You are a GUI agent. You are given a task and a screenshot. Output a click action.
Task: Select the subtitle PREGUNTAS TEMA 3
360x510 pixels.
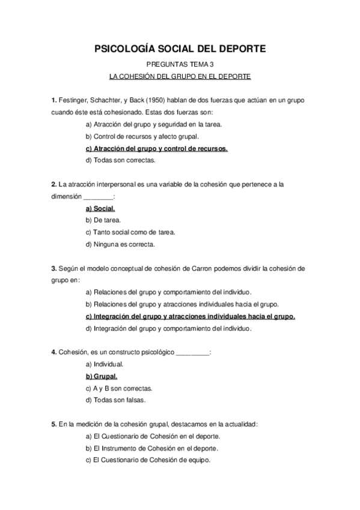click(x=180, y=64)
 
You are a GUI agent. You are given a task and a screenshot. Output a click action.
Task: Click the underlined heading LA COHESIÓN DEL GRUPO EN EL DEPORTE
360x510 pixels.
click(x=180, y=76)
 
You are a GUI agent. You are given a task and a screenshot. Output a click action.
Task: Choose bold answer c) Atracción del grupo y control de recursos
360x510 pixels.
click(x=157, y=149)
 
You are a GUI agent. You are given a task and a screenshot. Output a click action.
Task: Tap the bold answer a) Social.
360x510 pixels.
click(x=100, y=209)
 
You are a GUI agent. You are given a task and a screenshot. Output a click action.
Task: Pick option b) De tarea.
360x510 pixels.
click(x=103, y=220)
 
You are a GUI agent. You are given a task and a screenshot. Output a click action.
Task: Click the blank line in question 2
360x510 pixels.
click(x=97, y=198)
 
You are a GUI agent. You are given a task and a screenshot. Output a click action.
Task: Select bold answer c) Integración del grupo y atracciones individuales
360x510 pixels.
click(x=191, y=316)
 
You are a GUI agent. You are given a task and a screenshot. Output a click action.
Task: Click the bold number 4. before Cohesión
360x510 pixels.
click(x=53, y=352)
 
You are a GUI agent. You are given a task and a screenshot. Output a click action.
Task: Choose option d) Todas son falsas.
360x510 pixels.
click(x=117, y=400)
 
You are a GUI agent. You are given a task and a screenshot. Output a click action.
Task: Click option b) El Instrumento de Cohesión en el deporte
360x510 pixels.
click(x=152, y=448)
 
